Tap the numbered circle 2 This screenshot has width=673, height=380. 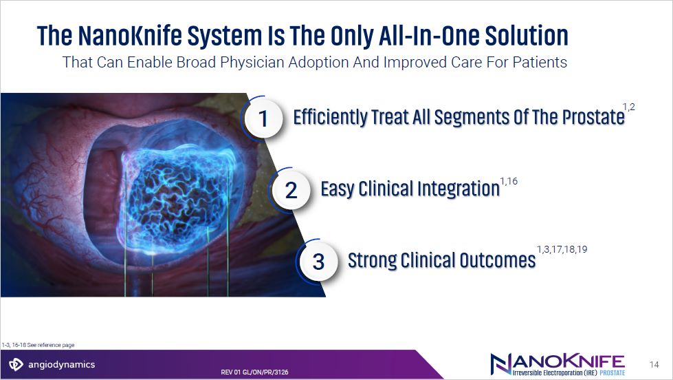[x=291, y=190]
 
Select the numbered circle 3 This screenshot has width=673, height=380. [x=318, y=262]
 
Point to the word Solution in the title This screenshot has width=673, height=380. [x=527, y=35]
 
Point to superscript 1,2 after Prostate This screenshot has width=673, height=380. [x=629, y=107]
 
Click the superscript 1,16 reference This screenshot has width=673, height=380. [x=509, y=182]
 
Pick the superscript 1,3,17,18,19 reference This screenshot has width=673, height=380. [x=562, y=249]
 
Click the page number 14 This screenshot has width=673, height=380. [x=654, y=365]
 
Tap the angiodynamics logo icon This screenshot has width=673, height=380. [x=16, y=364]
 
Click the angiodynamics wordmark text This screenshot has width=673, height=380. [x=61, y=365]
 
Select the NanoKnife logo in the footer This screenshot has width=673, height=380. [x=558, y=365]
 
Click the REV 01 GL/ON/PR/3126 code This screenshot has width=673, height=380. [x=254, y=372]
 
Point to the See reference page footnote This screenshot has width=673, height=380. [x=38, y=345]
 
